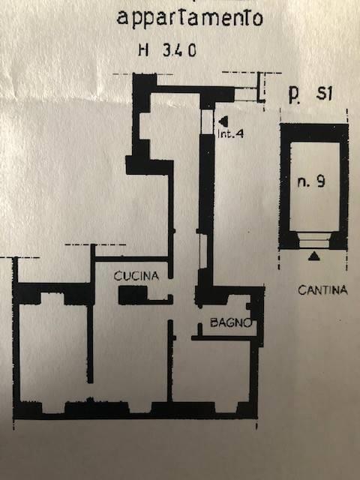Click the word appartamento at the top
tap(190, 18)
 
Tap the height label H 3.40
tap(167, 50)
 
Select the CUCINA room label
tap(136, 276)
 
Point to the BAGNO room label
tap(231, 322)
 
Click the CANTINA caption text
tap(323, 290)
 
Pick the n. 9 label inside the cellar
tap(311, 182)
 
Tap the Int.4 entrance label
tap(230, 134)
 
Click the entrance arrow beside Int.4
tap(223, 121)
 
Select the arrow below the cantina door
tap(313, 256)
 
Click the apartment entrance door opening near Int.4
tap(207, 121)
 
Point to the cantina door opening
tap(314, 240)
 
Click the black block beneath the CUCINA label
tap(133, 295)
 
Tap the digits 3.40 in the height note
tap(179, 50)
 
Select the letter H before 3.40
tap(143, 50)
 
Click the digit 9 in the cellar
tap(320, 181)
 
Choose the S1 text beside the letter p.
tap(324, 93)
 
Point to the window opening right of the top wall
tap(246, 94)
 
